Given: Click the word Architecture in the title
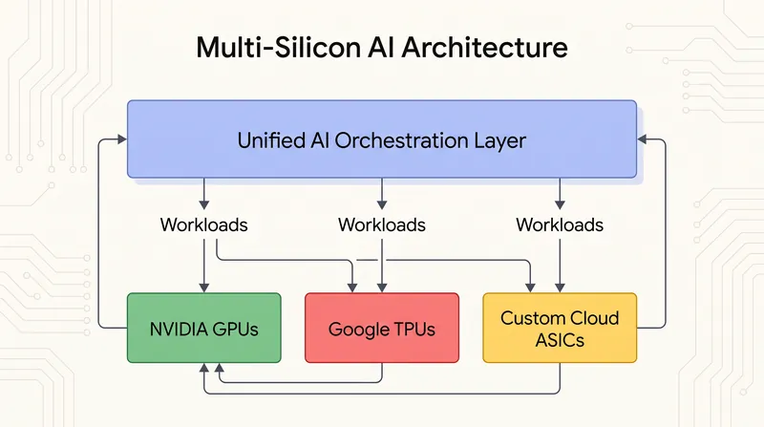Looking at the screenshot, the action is click(x=485, y=47).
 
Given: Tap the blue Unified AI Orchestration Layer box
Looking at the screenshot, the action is click(x=382, y=139).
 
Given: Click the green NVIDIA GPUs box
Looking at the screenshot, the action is click(x=204, y=328).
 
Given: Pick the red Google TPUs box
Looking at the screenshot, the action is click(x=382, y=328).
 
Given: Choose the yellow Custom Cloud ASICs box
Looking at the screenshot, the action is click(x=560, y=328).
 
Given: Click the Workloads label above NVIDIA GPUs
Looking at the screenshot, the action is click(x=204, y=224).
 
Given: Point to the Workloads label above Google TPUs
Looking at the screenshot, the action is click(x=382, y=224).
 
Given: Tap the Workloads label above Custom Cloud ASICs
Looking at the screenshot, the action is click(x=560, y=224).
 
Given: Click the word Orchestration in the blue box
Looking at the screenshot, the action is click(x=394, y=140).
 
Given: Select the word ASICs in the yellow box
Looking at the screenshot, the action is click(x=560, y=340).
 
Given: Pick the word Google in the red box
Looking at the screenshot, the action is click(x=356, y=330).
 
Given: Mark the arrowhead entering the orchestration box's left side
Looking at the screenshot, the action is click(x=122, y=139).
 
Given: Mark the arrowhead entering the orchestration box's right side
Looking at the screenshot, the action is click(x=642, y=139).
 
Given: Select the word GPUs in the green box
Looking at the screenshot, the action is click(x=235, y=330).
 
